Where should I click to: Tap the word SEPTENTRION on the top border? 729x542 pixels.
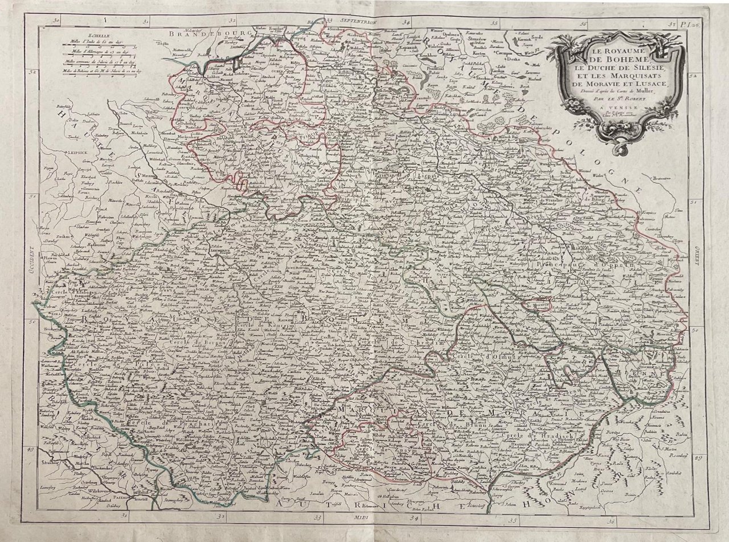(x=358, y=20)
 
